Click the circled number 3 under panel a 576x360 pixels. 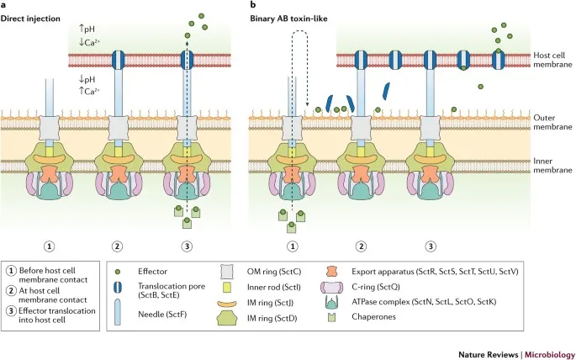point(191,246)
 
